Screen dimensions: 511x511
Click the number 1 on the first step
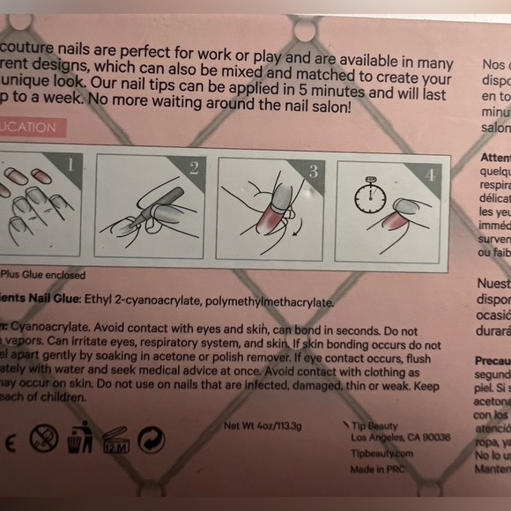tap(70, 163)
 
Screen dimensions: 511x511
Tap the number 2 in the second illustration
tap(194, 168)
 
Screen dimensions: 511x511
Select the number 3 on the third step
tap(313, 171)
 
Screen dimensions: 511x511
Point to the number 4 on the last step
tap(430, 174)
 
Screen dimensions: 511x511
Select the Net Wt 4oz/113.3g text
tap(263, 426)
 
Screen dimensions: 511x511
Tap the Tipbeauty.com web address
tap(381, 453)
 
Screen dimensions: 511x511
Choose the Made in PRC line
tap(380, 470)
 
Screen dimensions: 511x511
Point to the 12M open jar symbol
tap(115, 438)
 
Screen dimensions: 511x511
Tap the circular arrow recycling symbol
tap(152, 439)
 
